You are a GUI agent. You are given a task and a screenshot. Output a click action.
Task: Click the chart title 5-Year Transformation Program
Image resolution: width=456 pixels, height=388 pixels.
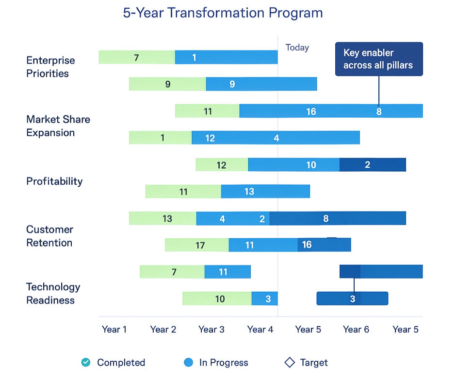click(x=223, y=13)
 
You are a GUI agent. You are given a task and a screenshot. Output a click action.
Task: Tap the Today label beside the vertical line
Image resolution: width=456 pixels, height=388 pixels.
click(x=297, y=48)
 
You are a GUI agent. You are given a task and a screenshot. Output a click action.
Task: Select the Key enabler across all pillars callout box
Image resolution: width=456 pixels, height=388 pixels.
click(x=378, y=59)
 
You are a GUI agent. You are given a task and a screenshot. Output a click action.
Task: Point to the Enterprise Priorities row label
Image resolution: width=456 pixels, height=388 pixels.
click(x=50, y=67)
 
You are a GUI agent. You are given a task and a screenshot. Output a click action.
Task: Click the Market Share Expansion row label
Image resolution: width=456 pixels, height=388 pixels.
click(x=58, y=126)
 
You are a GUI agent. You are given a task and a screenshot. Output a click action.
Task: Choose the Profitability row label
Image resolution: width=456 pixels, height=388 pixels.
click(x=54, y=181)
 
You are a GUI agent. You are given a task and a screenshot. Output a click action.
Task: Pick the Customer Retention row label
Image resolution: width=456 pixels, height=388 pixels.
click(x=49, y=236)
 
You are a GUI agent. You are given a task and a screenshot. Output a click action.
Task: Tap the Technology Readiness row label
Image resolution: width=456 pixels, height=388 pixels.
click(x=53, y=293)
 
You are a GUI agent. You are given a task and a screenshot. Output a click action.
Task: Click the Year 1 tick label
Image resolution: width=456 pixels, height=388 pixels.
click(x=114, y=330)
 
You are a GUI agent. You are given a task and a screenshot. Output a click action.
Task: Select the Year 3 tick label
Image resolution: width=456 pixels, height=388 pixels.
click(x=211, y=330)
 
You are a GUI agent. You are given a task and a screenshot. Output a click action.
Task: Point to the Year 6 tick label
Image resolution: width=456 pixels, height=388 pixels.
click(x=356, y=330)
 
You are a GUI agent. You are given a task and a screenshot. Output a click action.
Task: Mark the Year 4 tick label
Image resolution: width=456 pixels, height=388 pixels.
click(x=260, y=330)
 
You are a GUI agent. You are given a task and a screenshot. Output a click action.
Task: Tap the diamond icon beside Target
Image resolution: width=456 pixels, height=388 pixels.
click(x=290, y=362)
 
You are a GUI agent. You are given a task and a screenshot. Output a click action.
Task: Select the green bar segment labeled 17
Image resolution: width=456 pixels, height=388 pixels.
click(x=196, y=245)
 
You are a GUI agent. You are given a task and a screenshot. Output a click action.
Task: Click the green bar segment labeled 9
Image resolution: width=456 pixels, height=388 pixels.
click(x=167, y=84)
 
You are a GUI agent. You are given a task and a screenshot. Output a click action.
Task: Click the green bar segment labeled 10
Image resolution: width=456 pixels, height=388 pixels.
click(x=217, y=299)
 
